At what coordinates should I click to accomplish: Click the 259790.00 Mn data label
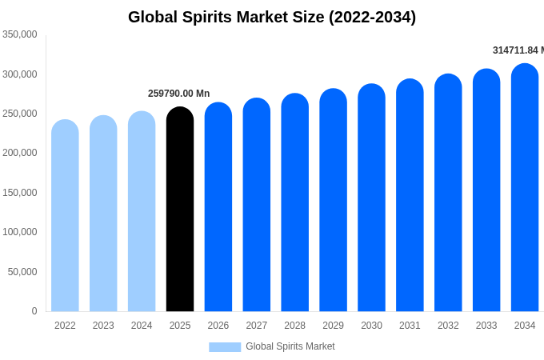178,94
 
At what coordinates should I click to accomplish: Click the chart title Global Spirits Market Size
272,17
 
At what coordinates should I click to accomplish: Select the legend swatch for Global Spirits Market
225,346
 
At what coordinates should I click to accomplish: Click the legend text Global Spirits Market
290,346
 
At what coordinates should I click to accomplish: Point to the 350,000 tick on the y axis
20,34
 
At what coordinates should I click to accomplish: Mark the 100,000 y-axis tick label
20,232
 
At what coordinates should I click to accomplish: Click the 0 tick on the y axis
34,311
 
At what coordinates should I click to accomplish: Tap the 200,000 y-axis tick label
20,153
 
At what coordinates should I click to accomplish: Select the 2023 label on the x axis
103,326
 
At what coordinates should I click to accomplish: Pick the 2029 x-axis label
333,326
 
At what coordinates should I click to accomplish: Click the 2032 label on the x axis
448,326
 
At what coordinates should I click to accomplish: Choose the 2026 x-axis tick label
218,326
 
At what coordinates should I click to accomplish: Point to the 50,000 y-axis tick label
22,272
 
